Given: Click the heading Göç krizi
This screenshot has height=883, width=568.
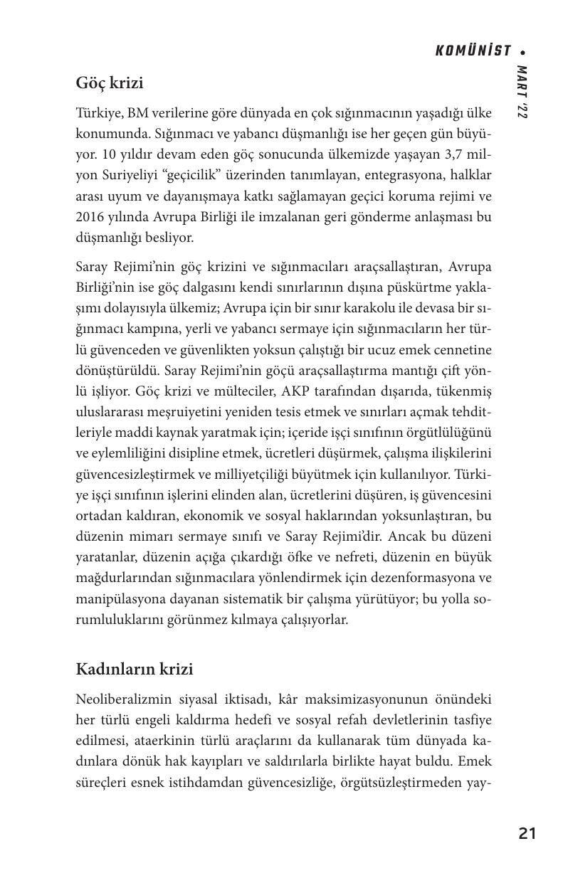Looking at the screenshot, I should click(x=110, y=83).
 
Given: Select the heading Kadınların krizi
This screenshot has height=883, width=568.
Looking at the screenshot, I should click(x=135, y=670).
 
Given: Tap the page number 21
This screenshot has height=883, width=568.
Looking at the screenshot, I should click(x=527, y=833).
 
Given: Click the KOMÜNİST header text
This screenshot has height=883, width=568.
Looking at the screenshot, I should click(x=473, y=51).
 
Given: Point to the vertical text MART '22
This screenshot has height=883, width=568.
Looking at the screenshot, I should click(x=522, y=92).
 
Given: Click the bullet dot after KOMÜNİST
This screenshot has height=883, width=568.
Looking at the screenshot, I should click(x=523, y=52).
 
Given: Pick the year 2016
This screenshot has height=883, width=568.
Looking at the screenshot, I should click(x=91, y=216).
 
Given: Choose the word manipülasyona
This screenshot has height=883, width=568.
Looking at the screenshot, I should click(x=117, y=598).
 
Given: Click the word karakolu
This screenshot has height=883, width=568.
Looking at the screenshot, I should click(x=363, y=309).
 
